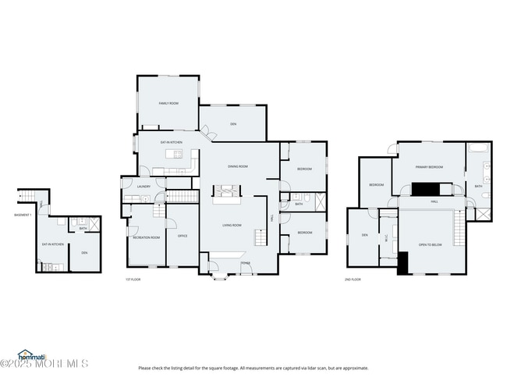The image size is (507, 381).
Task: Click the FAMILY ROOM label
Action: click(x=168, y=103)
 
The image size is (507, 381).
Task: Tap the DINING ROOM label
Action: click(x=237, y=166)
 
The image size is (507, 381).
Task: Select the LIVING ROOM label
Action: click(x=232, y=226)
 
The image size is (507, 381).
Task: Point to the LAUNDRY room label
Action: click(x=143, y=187)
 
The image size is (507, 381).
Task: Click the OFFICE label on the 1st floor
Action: click(x=183, y=236)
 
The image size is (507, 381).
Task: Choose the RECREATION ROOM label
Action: click(x=146, y=237)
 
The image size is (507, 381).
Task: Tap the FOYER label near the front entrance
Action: click(x=245, y=263)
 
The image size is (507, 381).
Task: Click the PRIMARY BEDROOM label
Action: click(x=429, y=167)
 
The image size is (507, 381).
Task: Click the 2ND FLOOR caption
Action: click(x=353, y=279)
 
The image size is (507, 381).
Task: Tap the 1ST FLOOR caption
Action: click(x=133, y=279)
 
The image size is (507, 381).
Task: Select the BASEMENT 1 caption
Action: click(x=23, y=215)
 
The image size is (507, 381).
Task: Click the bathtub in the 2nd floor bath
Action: click(x=476, y=149)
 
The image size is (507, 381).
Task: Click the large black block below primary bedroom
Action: click(x=425, y=189)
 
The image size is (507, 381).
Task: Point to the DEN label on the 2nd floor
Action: click(x=363, y=235)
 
